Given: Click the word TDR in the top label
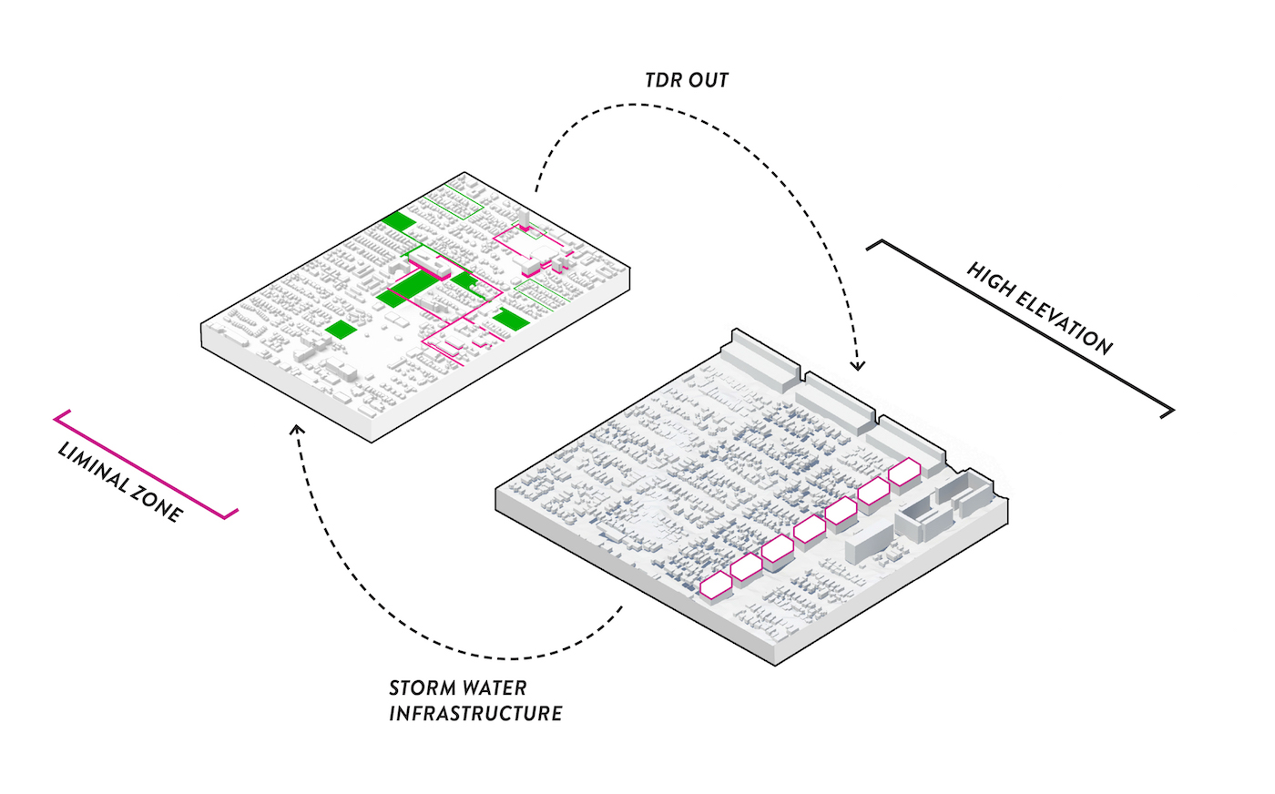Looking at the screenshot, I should point(663,80).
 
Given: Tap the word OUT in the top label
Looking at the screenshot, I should point(709,80).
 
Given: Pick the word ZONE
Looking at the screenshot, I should point(161,506).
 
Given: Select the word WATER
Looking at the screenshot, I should point(496,688).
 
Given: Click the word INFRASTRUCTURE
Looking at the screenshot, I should point(475,713).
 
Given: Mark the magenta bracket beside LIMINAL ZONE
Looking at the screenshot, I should point(146,465).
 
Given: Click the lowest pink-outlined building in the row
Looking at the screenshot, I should point(716,585).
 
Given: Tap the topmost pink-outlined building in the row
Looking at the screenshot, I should point(904,473).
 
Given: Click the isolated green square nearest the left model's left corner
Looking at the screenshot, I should point(340,329).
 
